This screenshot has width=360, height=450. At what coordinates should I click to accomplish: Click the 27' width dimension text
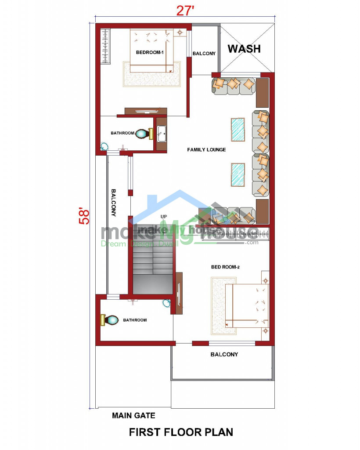click(184, 11)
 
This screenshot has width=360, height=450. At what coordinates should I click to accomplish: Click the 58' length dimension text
click(84, 215)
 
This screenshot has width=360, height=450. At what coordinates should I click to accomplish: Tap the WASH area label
click(244, 48)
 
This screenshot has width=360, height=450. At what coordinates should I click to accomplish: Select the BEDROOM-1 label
click(150, 52)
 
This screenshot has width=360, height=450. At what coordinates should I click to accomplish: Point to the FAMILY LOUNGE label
click(206, 150)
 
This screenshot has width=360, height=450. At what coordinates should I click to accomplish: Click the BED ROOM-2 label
click(225, 267)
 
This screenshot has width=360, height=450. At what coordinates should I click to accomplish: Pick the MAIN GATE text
click(133, 415)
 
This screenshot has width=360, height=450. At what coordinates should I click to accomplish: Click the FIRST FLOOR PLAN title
click(181, 432)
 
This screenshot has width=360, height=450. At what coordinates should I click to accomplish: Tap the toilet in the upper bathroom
click(141, 134)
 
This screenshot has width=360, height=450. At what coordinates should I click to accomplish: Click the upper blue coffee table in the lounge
click(238, 130)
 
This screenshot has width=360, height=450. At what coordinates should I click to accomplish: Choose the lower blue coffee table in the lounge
click(238, 175)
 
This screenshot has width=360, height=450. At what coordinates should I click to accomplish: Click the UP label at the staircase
click(164, 217)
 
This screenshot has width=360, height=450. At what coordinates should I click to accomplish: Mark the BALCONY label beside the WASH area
click(204, 54)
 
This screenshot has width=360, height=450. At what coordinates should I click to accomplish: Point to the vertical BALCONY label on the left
click(113, 203)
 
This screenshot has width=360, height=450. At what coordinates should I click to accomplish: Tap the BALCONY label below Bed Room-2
click(224, 354)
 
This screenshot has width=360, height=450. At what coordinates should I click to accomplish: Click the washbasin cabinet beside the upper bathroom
click(161, 134)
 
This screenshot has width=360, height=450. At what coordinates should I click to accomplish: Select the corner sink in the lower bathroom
click(167, 303)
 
